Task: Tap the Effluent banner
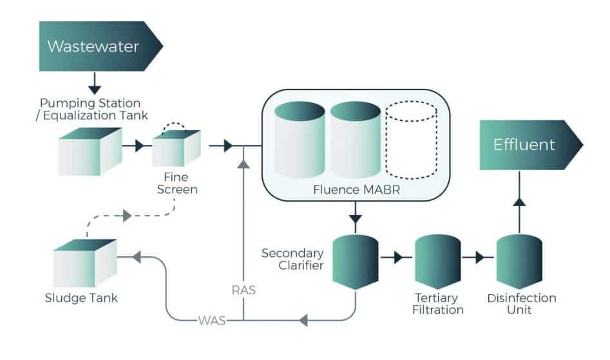[525, 144]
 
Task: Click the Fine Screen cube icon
[175, 148]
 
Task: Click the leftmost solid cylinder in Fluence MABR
[300, 139]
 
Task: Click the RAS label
[243, 290]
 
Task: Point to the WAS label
[213, 319]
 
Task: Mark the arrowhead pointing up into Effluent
[519, 203]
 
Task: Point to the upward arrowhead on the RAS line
[243, 165]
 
